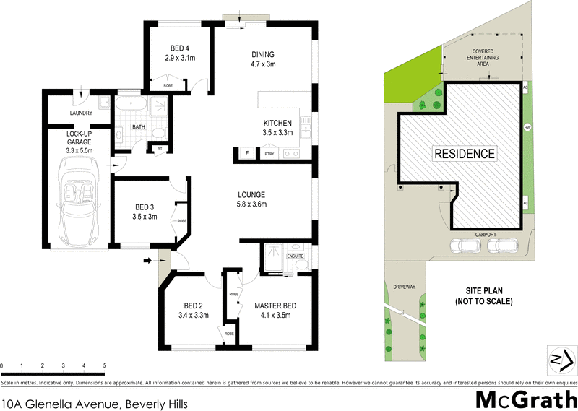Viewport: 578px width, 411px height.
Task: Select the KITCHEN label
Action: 277,123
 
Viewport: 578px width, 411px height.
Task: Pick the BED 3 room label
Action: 144,207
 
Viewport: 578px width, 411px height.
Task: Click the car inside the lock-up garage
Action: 78,202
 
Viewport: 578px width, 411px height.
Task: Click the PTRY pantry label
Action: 269,154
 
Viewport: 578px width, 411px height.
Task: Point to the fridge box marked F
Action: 246,153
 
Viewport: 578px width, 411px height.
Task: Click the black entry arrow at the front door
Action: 150,260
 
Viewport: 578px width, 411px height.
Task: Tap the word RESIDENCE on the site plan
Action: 464,153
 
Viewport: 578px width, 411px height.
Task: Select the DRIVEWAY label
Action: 405,287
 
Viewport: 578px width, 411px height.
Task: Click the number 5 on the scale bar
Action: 105,367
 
